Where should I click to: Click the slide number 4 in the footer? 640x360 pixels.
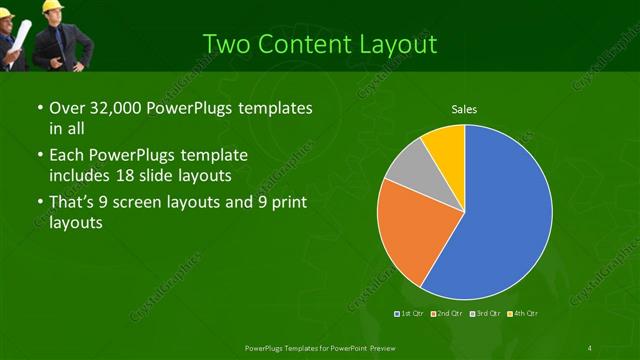click(x=590, y=347)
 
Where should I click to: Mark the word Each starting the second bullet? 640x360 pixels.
click(x=66, y=156)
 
